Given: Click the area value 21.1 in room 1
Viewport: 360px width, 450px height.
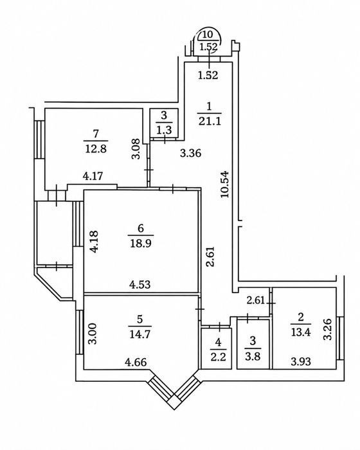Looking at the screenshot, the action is (x=210, y=122).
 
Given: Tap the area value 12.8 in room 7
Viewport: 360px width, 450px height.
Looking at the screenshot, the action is (x=96, y=149).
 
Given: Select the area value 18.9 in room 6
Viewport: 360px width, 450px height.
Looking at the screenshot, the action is (x=141, y=244).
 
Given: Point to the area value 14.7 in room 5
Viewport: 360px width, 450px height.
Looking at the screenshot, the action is (x=139, y=334).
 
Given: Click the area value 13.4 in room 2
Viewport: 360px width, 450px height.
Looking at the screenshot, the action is (x=301, y=332).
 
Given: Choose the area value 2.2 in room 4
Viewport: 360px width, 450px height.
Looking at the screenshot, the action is (x=219, y=357).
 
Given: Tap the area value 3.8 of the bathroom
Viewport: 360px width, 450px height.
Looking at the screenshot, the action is (x=253, y=356).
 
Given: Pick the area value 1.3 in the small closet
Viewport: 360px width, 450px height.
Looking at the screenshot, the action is (x=164, y=130).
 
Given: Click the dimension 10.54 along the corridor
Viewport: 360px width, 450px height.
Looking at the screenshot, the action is (x=224, y=184).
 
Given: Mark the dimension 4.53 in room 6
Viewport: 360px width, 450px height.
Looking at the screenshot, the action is (x=139, y=285).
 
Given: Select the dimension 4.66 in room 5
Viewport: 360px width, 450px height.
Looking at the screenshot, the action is (x=136, y=362).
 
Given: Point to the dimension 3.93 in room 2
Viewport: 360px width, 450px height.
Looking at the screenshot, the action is (x=301, y=361).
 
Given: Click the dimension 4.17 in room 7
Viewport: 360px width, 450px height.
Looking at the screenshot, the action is (x=93, y=175).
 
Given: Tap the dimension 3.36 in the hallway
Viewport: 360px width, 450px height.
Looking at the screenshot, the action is (x=191, y=153).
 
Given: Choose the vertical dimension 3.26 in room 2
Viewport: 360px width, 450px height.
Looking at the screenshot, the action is (x=328, y=329).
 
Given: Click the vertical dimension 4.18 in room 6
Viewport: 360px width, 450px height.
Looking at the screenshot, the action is (x=94, y=241).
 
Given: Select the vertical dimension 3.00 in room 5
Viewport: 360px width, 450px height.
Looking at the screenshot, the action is (x=93, y=334).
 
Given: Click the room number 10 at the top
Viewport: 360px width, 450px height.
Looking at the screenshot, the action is (x=208, y=35).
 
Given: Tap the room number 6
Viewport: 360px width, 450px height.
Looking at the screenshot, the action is (x=141, y=228).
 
